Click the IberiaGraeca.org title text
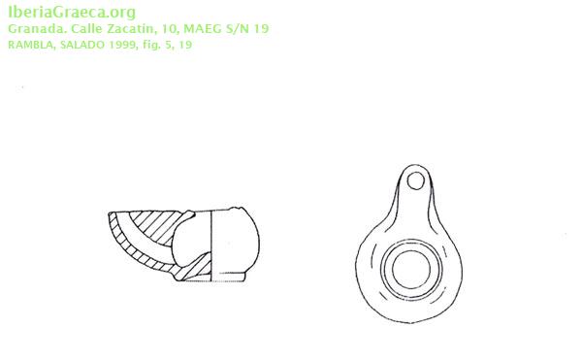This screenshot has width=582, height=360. (x=72, y=13)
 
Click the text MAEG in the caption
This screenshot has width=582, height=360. (x=203, y=28)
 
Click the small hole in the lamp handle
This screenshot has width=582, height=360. (x=415, y=181)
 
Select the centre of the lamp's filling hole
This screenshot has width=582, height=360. (x=411, y=270)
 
